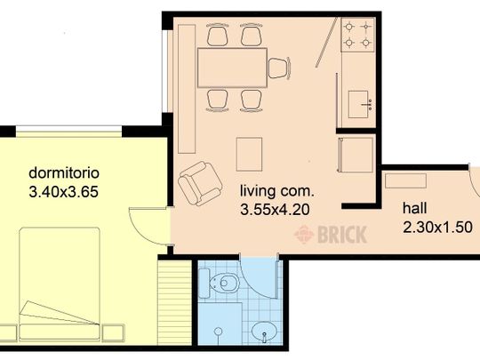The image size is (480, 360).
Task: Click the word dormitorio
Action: (64, 173)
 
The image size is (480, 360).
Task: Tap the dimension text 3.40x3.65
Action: (64, 192)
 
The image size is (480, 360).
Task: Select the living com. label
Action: (277, 191)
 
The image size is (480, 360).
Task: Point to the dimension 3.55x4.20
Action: (275, 210)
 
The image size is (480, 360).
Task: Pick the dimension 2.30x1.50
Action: (437, 228)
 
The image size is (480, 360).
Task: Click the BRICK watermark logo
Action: (331, 235)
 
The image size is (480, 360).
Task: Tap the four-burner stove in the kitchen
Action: (357, 35)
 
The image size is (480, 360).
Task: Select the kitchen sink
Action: (360, 104)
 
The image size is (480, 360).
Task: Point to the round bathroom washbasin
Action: (264, 332)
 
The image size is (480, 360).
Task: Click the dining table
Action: (232, 68)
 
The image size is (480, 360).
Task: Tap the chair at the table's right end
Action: (279, 68)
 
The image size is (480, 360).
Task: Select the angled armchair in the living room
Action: (200, 183)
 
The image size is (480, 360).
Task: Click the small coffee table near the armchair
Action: (249, 155)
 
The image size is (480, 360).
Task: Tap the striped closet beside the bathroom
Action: (175, 302)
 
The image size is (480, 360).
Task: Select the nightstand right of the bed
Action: (113, 333)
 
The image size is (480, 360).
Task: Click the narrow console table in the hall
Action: (405, 180)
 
